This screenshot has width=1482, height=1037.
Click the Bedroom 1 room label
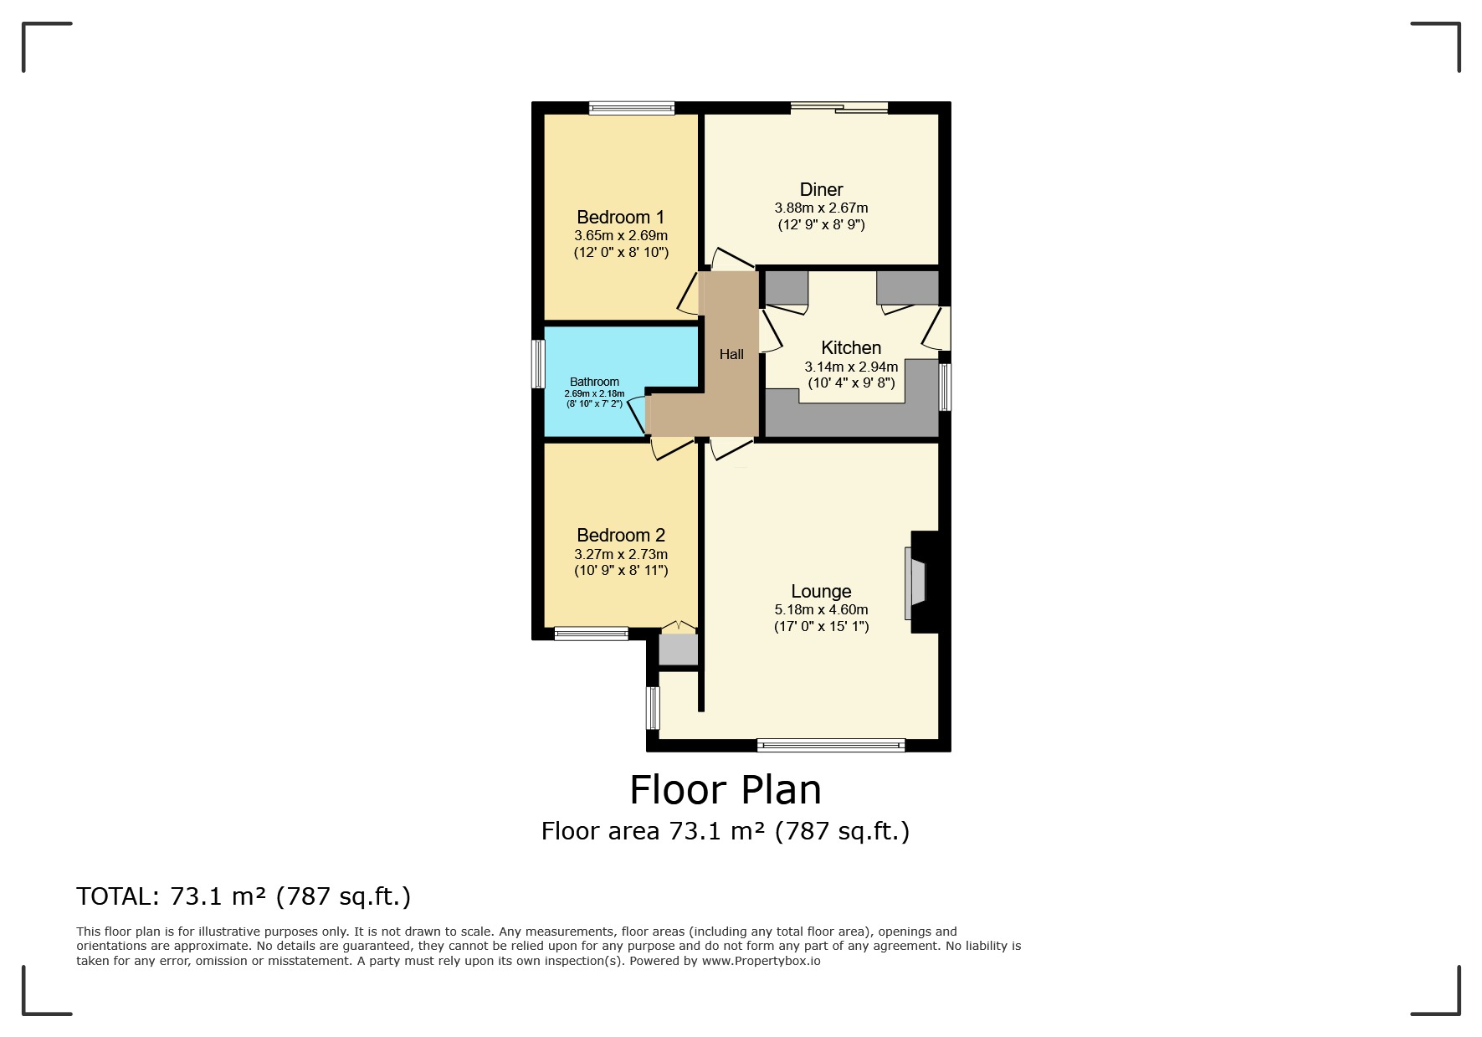(x=620, y=218)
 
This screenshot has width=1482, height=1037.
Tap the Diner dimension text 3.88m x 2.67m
(x=821, y=208)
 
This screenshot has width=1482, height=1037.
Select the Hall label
(x=731, y=355)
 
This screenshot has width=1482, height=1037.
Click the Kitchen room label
(x=851, y=348)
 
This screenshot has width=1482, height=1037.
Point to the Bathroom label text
(x=594, y=382)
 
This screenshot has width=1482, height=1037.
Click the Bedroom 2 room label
(x=620, y=536)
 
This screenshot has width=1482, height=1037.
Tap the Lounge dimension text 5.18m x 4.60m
(x=821, y=610)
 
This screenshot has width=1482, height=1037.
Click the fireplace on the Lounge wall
(x=917, y=583)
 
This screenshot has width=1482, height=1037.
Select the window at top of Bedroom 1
(x=631, y=107)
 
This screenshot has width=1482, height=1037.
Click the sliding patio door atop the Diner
(x=839, y=107)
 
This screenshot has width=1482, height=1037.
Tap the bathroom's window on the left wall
(x=540, y=363)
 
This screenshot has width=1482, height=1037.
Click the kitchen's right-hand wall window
(x=945, y=387)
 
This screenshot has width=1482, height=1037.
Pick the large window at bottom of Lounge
(x=830, y=744)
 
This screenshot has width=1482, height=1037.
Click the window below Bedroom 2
(x=591, y=634)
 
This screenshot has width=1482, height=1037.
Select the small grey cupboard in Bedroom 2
(x=678, y=649)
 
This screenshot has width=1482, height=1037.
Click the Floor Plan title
(x=725, y=789)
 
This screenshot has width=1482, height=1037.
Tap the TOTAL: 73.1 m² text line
(x=244, y=896)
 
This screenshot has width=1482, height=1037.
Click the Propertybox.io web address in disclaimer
(x=761, y=961)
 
